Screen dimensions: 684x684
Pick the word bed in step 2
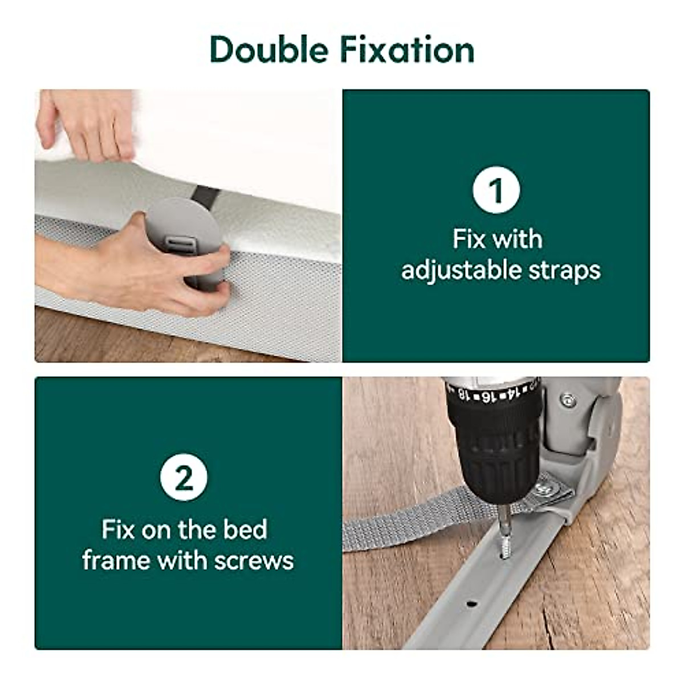point(245,530)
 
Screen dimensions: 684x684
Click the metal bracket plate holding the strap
point(547,490)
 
